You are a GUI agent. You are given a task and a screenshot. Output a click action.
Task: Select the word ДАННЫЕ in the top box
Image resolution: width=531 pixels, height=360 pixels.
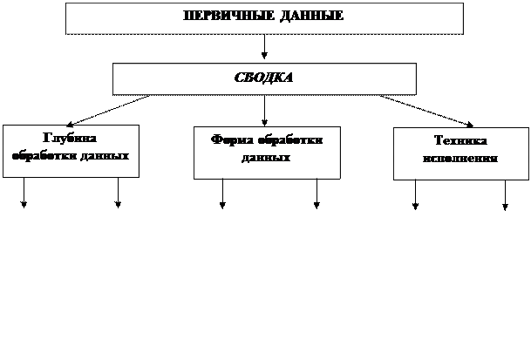[x=312, y=17]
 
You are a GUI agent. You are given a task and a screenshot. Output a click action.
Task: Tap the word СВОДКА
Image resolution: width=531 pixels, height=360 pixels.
[x=264, y=78]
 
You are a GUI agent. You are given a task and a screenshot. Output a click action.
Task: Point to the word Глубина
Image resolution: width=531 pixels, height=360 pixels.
[x=70, y=138]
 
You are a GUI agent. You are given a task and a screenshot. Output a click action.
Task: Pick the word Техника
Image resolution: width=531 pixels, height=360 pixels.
[x=460, y=141]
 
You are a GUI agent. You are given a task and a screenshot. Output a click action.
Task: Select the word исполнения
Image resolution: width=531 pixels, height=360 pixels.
[x=460, y=159]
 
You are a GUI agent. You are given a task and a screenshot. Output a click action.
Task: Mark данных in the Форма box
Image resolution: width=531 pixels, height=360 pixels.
[x=266, y=159]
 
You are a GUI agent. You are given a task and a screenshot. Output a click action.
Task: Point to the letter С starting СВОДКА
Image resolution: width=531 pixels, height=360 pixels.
[x=239, y=78]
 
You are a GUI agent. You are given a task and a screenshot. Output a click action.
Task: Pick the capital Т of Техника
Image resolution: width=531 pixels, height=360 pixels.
[x=438, y=141]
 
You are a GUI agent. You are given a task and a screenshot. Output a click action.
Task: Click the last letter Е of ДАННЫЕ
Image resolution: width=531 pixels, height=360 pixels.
[x=339, y=17]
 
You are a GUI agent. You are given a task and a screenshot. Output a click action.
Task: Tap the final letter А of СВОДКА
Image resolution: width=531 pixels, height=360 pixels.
[x=289, y=78]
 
